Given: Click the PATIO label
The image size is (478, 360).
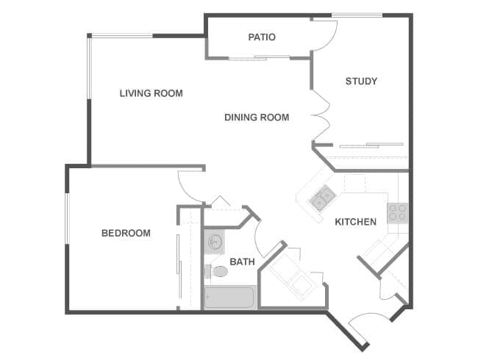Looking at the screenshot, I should tap(262, 37).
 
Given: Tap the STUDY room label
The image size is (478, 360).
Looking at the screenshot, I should tap(361, 81).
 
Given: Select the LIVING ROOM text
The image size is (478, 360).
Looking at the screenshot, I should tap(151, 93).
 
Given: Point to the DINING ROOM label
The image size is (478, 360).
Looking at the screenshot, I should tap(257, 117).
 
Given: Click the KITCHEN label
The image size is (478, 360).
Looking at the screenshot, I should tap(356, 221).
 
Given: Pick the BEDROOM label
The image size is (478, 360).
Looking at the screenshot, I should tap(126, 233).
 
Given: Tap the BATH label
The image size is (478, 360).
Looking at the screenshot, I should tap(242, 261).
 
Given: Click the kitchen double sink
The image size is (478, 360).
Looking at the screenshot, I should tap(322, 198).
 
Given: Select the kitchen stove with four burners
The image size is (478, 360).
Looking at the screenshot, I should tap(397, 213).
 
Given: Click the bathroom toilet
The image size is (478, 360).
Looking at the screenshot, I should tap(218, 271).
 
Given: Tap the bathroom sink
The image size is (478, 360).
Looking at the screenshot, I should tap(214, 241).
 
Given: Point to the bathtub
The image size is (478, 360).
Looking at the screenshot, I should tap(229, 298).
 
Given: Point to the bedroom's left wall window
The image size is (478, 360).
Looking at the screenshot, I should tap(66, 217).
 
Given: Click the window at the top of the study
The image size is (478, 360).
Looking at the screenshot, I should tap(357, 15).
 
